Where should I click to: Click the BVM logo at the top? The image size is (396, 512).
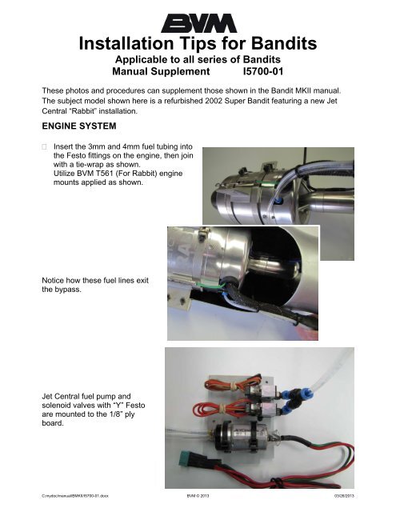pyautogui.click(x=198, y=23)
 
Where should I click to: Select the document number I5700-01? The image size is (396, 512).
pyautogui.click(x=263, y=71)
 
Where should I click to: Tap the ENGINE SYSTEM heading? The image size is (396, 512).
pyautogui.click(x=79, y=126)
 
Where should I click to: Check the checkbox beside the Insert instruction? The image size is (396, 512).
pyautogui.click(x=44, y=146)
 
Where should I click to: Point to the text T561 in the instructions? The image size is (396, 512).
pyautogui.click(x=105, y=174)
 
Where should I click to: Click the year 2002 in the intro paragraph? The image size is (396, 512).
pyautogui.click(x=214, y=101)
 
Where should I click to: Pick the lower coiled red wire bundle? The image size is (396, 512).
pyautogui.click(x=222, y=407)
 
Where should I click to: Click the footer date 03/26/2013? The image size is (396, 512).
pyautogui.click(x=344, y=496)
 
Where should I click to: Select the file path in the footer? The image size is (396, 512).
pyautogui.click(x=75, y=496)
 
